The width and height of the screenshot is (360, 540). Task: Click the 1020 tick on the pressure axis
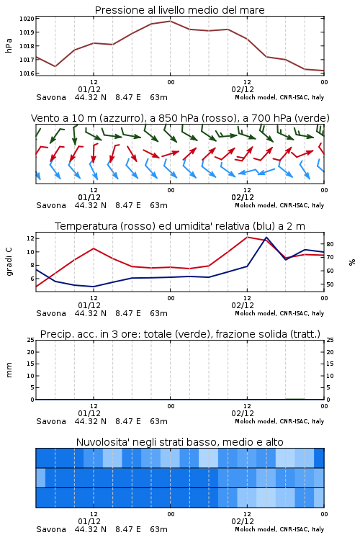point(27,19)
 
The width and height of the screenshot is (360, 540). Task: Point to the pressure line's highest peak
point(170,21)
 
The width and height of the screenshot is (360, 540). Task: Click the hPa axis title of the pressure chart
point(9,45)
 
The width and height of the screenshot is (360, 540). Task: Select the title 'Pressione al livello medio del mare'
point(180,10)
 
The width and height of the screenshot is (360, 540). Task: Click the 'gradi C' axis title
point(9,262)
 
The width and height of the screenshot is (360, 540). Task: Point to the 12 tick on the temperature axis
point(30,238)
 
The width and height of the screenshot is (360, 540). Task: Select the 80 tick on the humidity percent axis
point(330,244)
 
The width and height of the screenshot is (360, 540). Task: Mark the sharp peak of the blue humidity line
point(266,238)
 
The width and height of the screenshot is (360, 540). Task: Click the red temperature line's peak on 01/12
point(94,248)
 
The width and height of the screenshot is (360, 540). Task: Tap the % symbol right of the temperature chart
point(352,262)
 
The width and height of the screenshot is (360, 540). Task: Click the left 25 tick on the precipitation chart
point(30,340)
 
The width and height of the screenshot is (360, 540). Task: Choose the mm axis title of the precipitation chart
point(9,370)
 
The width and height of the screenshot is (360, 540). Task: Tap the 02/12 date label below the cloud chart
point(243,521)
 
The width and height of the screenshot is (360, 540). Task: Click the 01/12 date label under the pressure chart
point(89,89)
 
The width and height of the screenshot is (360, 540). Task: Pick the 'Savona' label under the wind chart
point(51,206)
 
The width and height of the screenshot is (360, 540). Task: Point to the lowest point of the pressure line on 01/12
point(55,66)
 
